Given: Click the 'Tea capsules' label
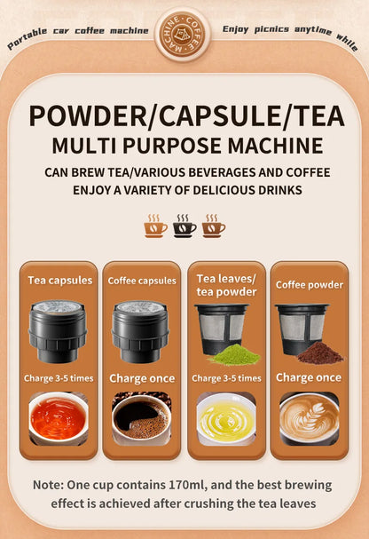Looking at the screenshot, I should tap(60, 281).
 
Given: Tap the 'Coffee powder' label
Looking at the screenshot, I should tap(309, 285).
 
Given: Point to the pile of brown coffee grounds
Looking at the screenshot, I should tap(318, 353).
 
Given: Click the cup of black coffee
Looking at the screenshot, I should tap(141, 417).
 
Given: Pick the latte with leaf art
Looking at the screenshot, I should tap(309, 417).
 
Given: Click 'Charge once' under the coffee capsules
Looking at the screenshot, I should tap(141, 377).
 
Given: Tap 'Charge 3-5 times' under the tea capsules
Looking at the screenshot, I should tap(59, 377).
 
